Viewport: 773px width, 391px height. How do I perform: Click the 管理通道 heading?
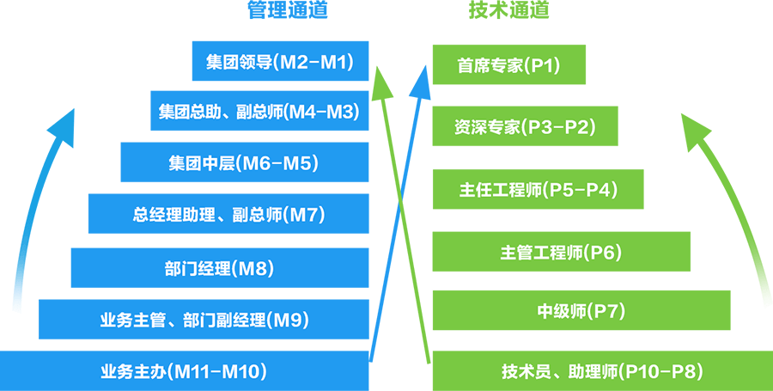coord(287,11)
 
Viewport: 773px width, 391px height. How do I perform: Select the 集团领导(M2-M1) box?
coord(280,62)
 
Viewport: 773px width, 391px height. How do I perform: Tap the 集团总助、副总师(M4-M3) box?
coord(259,112)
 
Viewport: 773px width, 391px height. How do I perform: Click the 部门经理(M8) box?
coord(219,267)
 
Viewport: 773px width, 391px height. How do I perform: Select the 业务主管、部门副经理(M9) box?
coord(204,320)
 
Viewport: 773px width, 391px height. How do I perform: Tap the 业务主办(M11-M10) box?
coord(184,371)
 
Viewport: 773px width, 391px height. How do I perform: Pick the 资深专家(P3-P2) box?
coord(525,127)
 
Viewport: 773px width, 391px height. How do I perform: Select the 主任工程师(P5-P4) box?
coord(538,189)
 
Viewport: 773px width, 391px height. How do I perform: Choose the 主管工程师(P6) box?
coord(561,252)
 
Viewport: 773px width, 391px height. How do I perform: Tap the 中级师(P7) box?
coord(581,310)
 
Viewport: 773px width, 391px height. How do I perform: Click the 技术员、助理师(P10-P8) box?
coord(601,371)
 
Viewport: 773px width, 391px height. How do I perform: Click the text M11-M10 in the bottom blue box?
coord(221,371)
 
